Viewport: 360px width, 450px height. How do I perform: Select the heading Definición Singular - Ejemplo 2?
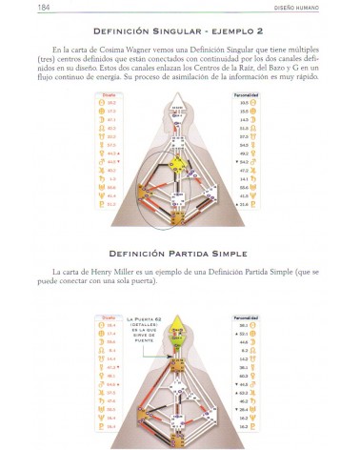coord(180,31)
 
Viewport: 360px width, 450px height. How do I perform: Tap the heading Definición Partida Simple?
coord(180,254)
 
